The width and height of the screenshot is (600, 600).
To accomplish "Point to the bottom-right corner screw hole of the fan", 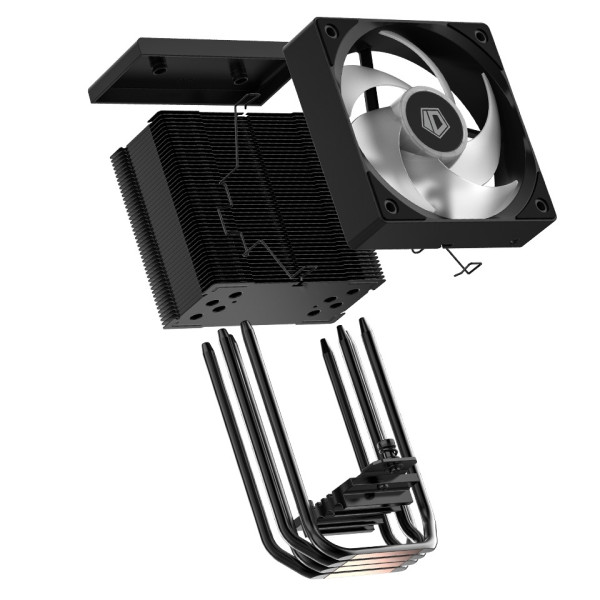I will pos(540,205).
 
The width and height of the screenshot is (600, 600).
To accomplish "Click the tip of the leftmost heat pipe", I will pos(206,349).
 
